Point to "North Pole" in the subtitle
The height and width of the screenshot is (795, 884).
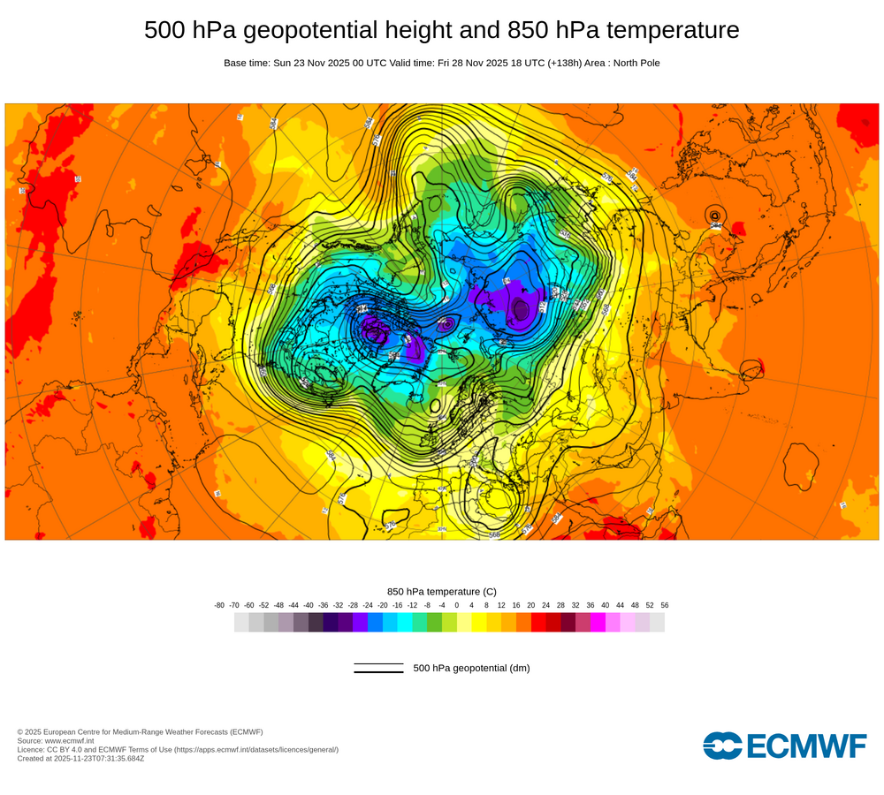633,63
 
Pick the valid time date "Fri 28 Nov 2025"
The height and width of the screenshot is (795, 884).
477,63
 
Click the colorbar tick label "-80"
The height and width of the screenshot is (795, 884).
219,605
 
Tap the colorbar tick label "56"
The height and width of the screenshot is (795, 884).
664,605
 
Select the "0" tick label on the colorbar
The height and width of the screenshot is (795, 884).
457,605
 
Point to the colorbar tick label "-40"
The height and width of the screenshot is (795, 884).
309,605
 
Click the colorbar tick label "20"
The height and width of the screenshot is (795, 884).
531,605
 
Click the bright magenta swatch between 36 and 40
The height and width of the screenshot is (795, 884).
598,623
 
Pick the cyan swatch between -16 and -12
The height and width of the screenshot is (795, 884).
405,623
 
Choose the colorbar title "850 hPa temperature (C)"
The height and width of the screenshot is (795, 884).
442,591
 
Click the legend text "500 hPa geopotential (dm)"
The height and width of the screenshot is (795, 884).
471,668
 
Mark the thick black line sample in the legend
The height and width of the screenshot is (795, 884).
378,671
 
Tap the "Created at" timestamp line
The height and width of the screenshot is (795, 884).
80,758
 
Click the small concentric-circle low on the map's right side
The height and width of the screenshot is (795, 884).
714,215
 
